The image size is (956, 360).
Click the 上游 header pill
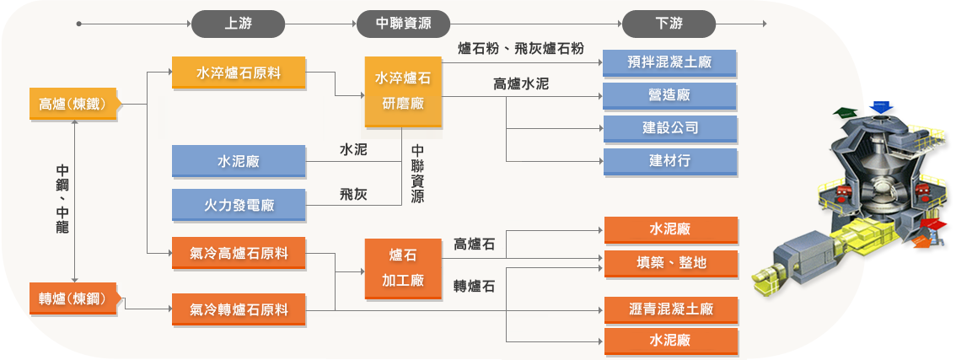click(239, 24)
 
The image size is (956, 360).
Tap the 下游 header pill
click(669, 24)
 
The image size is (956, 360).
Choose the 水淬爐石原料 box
click(239, 73)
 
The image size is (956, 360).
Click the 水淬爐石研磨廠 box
click(403, 92)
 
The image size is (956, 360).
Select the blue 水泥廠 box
click(239, 161)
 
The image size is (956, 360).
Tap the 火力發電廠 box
click(239, 205)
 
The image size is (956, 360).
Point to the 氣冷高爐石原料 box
click(239, 253)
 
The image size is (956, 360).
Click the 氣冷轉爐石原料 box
click(239, 309)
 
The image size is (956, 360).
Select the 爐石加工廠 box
click(403, 268)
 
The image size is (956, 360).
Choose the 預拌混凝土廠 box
click(670, 62)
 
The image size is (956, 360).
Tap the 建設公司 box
click(670, 128)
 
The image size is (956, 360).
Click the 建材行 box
click(670, 160)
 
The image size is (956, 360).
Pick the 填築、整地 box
click(671, 263)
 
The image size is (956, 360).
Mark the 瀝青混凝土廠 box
click(671, 309)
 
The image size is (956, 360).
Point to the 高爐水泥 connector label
click(521, 84)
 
